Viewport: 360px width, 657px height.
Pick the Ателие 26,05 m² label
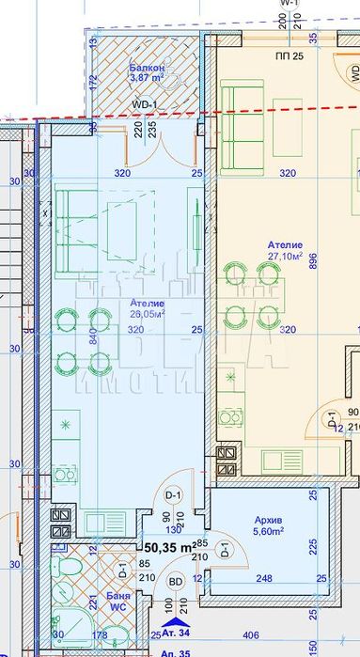[146, 309]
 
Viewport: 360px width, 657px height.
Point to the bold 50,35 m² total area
[169, 545]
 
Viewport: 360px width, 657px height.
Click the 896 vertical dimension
[313, 264]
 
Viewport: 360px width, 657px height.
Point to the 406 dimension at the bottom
[281, 634]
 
